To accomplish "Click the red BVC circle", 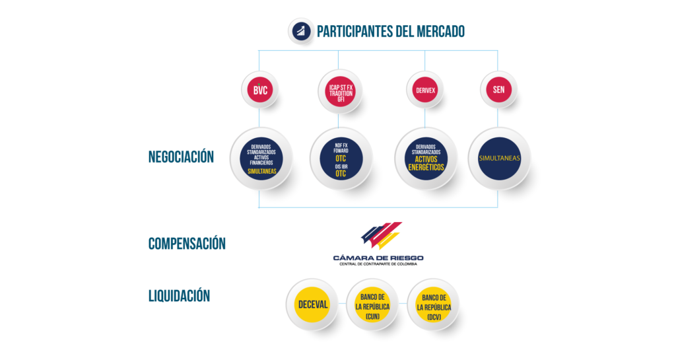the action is pyautogui.click(x=260, y=90).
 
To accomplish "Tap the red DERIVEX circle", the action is pyautogui.click(x=425, y=90).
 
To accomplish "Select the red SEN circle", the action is pyautogui.click(x=499, y=89).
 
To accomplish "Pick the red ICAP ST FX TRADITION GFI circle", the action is pyautogui.click(x=341, y=91).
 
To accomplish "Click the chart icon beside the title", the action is pyautogui.click(x=301, y=31).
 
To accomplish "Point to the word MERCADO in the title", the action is pyautogui.click(x=440, y=31).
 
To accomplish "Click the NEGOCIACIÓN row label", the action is pyautogui.click(x=181, y=157).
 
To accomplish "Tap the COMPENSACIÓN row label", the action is pyautogui.click(x=187, y=243).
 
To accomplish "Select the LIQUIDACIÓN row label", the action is pyautogui.click(x=180, y=295).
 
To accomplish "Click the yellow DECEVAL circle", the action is pyautogui.click(x=312, y=305).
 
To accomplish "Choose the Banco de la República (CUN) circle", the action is pyautogui.click(x=372, y=305).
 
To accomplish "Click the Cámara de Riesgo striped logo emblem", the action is pyautogui.click(x=382, y=235).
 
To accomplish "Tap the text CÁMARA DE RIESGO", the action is pyautogui.click(x=378, y=258).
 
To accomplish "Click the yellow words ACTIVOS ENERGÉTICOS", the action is pyautogui.click(x=426, y=163).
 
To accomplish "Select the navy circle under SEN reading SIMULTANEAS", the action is pyautogui.click(x=499, y=159).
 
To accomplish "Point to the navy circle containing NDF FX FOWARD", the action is pyautogui.click(x=341, y=159).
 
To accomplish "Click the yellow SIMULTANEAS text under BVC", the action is pyautogui.click(x=261, y=171).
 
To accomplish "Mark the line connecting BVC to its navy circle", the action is pyautogui.click(x=259, y=118).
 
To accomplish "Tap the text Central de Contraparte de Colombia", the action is pyautogui.click(x=378, y=264).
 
